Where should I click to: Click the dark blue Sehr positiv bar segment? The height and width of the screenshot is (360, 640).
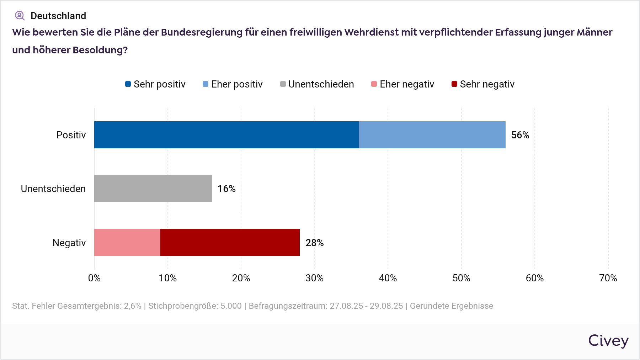226,135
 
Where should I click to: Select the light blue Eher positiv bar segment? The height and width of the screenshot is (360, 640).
432,135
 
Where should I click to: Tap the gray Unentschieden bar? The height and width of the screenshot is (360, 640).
153,189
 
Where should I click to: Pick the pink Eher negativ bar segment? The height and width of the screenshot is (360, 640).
127,243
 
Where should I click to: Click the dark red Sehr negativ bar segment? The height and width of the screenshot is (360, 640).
230,243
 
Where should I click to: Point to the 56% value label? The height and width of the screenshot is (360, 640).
520,135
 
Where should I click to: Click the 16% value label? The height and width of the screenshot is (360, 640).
226,189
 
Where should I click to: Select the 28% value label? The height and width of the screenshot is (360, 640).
315,243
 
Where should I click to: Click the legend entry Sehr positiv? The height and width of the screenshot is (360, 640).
155,84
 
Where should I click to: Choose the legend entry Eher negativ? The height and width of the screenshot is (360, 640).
403,84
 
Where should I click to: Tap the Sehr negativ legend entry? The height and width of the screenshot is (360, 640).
483,84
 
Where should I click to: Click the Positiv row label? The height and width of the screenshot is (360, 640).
71,135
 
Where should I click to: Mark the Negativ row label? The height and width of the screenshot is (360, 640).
69,243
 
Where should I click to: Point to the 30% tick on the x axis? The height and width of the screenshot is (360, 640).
314,278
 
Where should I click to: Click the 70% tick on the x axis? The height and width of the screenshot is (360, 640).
608,278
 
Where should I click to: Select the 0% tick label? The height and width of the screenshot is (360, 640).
94,278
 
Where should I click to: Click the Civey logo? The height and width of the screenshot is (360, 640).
608,341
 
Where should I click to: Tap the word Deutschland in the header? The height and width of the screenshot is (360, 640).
58,16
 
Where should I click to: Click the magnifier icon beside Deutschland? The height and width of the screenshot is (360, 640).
20,16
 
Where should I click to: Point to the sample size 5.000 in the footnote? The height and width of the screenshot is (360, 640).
231,306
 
